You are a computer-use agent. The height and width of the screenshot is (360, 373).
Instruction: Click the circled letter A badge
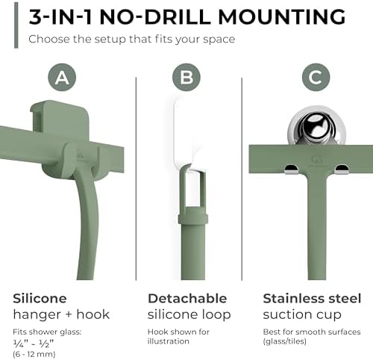[x=62, y=78]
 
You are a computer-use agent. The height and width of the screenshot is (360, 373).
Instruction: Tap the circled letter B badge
[x=186, y=78]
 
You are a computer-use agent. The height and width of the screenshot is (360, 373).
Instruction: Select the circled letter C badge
[x=316, y=78]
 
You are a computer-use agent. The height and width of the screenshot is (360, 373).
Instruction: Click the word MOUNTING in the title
[x=282, y=17]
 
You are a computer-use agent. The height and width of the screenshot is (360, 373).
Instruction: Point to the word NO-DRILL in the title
[x=155, y=17]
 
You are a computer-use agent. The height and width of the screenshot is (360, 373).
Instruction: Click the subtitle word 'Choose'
[x=49, y=40]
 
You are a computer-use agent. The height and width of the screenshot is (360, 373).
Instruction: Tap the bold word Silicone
[x=40, y=298]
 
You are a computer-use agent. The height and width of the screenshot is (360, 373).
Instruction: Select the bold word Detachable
[x=187, y=298]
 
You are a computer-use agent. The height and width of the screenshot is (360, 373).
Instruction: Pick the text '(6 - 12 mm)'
[x=34, y=354]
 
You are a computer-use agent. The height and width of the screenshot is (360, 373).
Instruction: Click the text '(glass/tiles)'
[x=285, y=341]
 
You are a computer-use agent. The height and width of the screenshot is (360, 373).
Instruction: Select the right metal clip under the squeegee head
[x=342, y=169]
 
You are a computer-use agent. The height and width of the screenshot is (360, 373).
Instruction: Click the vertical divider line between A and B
[x=136, y=179]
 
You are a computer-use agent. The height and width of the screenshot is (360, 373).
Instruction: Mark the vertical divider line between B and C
[x=242, y=179]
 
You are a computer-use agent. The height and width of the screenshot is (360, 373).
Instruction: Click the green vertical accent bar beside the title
[x=16, y=25]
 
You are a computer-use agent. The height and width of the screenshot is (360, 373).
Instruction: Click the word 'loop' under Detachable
[x=216, y=315]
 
